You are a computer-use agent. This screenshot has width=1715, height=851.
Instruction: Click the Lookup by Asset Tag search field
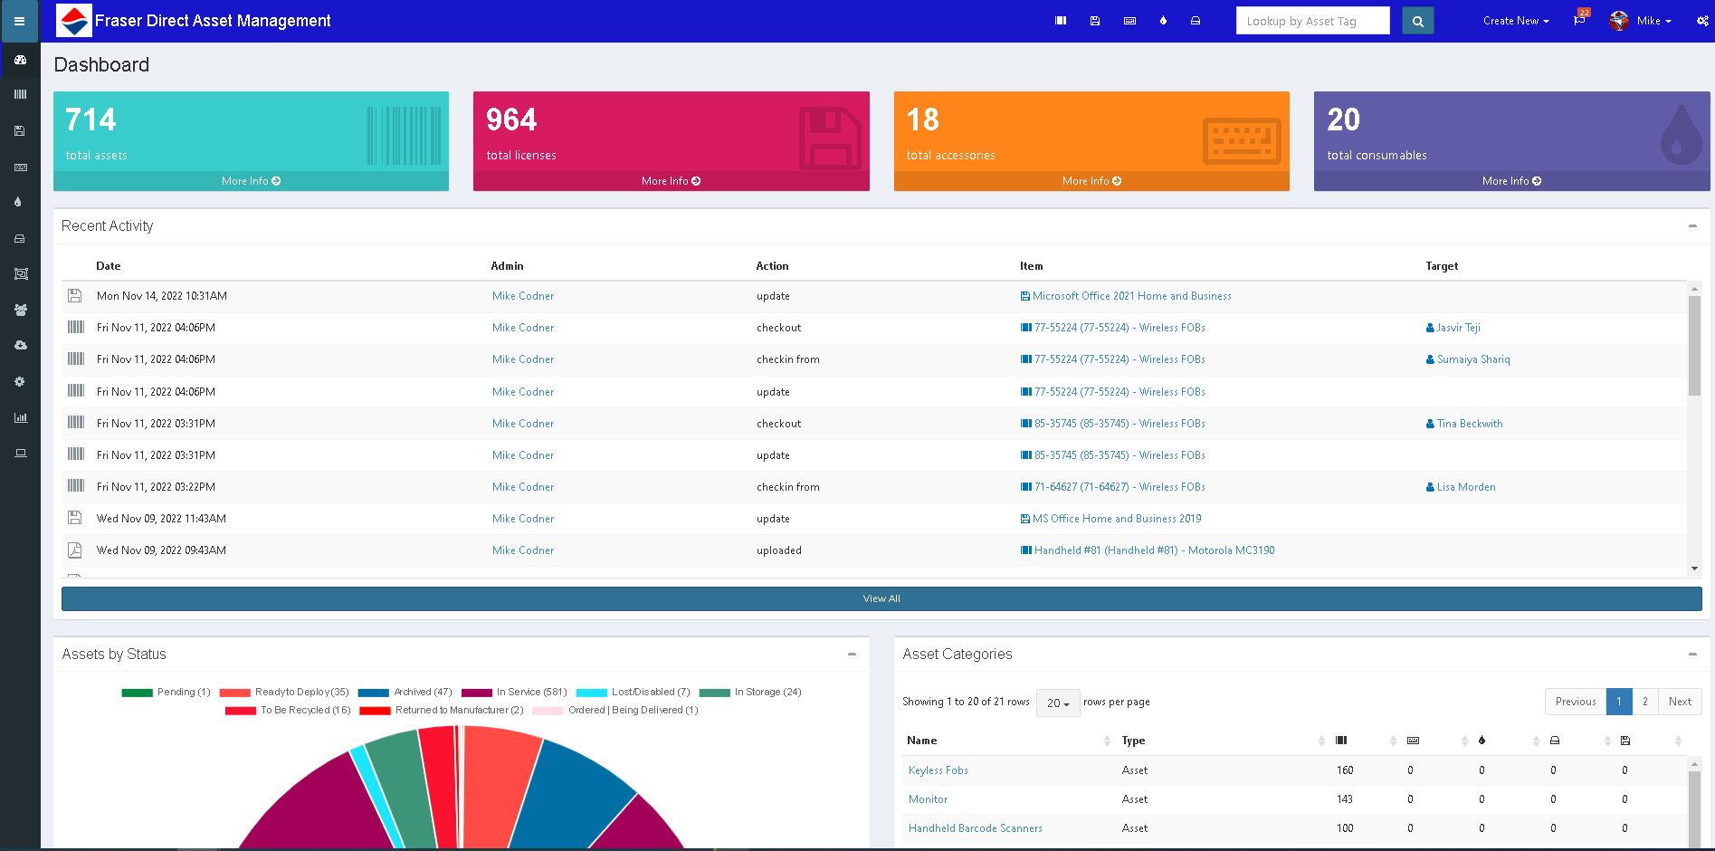[x=1311, y=21]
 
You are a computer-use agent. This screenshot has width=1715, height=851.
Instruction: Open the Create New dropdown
[x=1515, y=21]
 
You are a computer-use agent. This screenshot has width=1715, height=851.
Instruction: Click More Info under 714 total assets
[x=251, y=181]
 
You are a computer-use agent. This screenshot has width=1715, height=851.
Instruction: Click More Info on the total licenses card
[x=671, y=181]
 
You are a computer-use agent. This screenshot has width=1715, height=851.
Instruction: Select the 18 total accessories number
[x=922, y=120]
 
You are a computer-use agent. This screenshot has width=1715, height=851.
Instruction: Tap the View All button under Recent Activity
[x=881, y=598]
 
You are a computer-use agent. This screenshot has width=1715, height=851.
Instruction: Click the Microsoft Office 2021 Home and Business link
[x=1131, y=296]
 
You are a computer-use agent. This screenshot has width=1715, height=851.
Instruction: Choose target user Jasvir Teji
[x=1458, y=328]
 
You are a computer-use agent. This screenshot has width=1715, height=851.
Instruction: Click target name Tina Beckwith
[x=1469, y=424]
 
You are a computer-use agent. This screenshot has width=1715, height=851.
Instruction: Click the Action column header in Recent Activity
[x=772, y=266]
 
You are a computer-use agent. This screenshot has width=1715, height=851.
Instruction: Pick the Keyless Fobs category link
[x=938, y=770]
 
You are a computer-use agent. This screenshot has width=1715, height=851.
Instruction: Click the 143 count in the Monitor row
[x=1344, y=799]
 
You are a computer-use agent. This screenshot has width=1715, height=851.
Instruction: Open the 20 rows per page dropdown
[x=1057, y=703]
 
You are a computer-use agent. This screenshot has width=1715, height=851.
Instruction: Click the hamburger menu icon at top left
[x=19, y=21]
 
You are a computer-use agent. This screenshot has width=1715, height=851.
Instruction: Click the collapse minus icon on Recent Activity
[x=1691, y=226]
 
